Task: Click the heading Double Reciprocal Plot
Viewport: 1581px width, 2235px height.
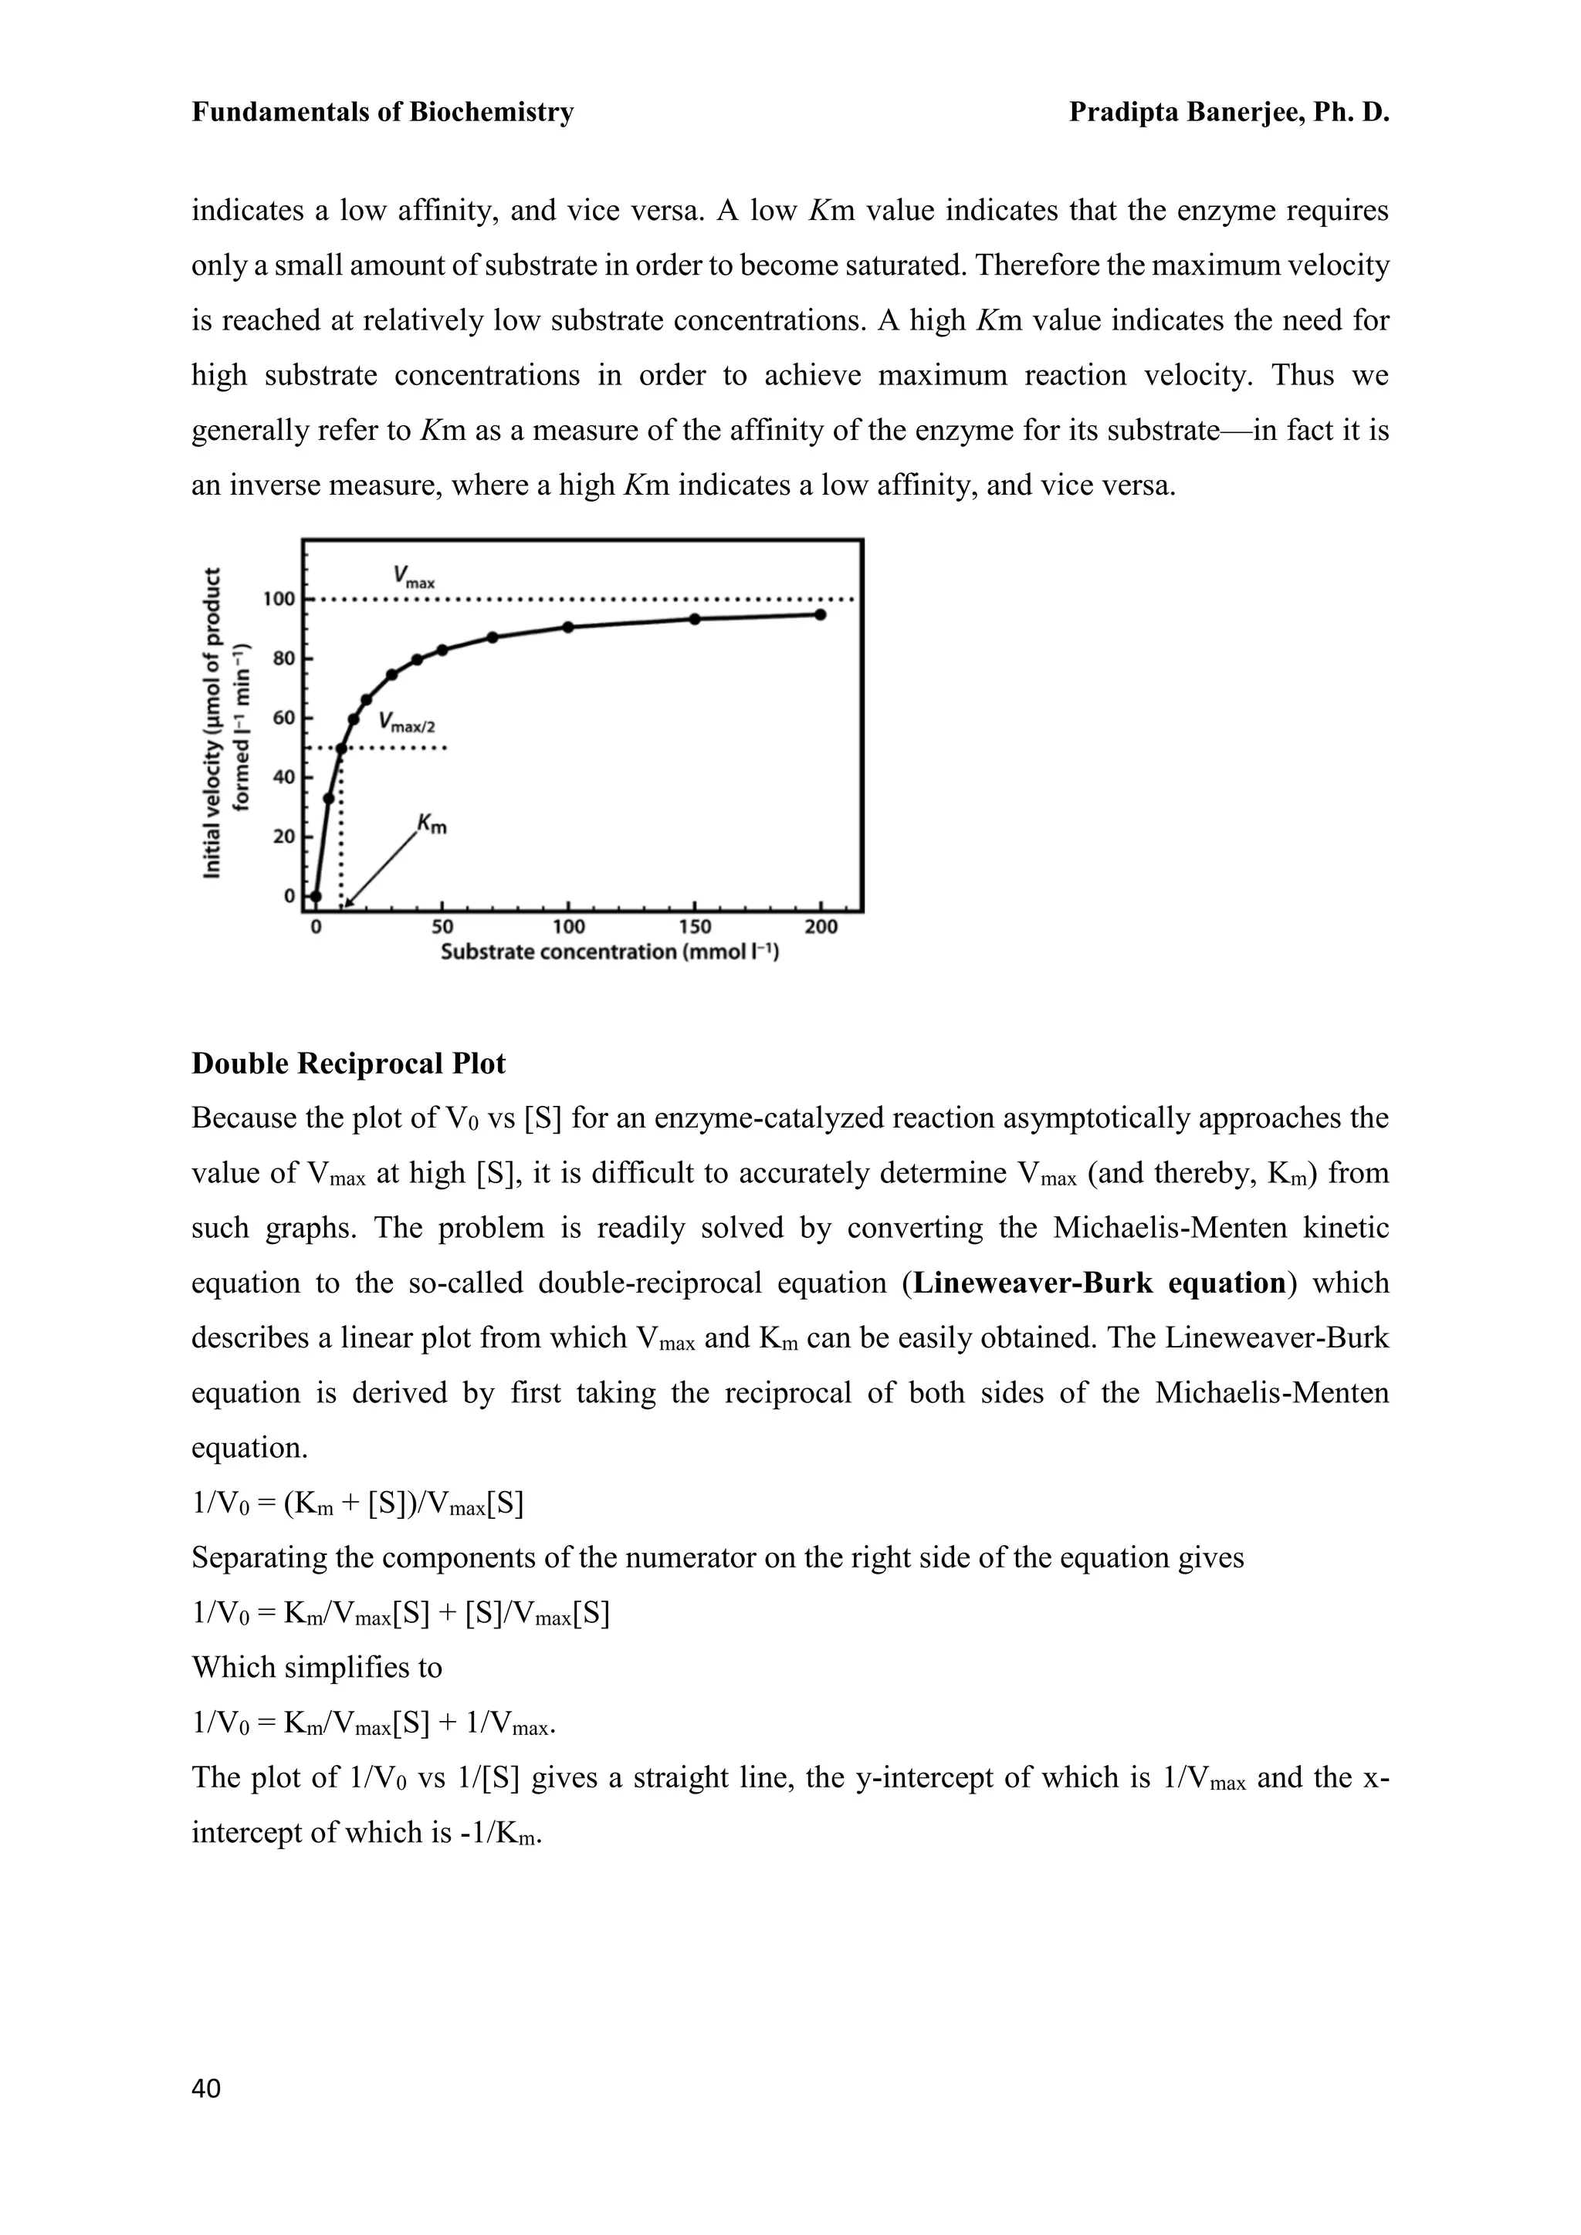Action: [348, 1063]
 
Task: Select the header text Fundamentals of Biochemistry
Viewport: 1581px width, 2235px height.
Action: [383, 113]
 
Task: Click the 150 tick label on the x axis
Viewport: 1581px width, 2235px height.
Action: [694, 926]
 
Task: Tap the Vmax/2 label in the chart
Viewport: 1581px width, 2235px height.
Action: [407, 722]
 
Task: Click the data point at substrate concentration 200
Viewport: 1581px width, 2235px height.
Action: [821, 614]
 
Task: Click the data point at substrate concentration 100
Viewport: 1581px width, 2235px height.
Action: [568, 627]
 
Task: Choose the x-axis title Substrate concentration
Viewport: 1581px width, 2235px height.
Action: [609, 952]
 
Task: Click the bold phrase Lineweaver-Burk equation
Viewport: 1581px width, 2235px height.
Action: [1100, 1283]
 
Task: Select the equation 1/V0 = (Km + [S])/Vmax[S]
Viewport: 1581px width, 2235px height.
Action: [357, 1504]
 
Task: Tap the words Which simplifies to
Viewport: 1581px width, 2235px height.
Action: [317, 1668]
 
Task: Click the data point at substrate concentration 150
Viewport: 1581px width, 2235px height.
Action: [694, 619]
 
